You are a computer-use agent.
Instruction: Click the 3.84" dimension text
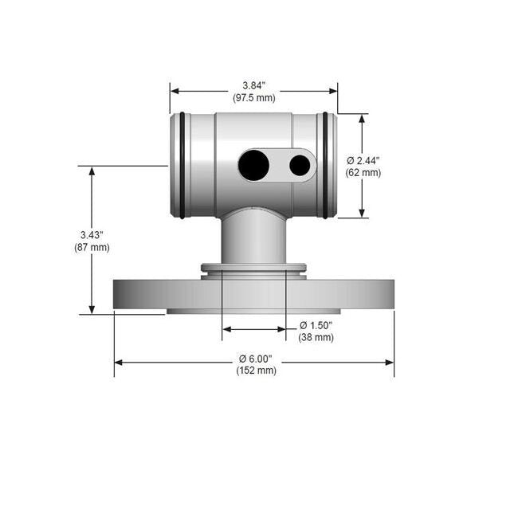253,85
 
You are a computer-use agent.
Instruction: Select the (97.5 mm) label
253,98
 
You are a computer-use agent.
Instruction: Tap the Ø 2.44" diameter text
363,160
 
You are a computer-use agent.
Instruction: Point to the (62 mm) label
363,172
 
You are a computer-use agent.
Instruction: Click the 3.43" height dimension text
92,235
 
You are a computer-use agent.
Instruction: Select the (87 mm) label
92,248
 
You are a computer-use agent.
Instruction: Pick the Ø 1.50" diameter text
316,325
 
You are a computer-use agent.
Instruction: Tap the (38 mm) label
316,338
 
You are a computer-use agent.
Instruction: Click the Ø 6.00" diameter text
256,359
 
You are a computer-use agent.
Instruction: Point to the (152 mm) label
256,371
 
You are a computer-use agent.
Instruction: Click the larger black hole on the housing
254,165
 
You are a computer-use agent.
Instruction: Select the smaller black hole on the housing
300,165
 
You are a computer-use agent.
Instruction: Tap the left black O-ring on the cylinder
182,165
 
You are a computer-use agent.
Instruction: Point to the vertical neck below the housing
253,239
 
